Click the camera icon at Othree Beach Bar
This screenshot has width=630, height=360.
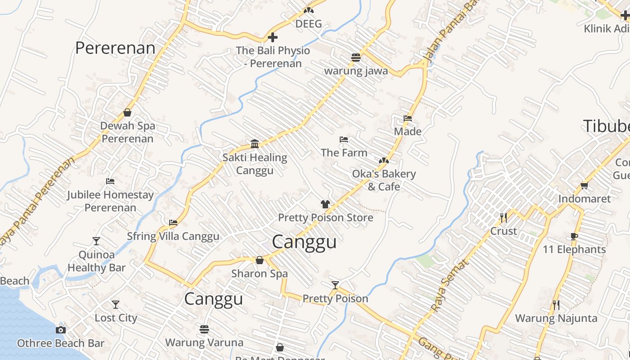point(61,330)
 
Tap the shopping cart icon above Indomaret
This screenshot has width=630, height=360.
point(584,185)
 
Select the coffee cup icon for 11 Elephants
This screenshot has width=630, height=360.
point(574,236)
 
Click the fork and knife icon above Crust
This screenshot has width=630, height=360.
point(504,218)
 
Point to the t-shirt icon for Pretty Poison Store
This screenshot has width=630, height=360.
point(325,204)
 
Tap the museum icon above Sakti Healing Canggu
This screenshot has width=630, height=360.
point(255,144)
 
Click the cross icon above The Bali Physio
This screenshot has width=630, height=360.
point(273,37)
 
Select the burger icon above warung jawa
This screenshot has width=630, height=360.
point(356,58)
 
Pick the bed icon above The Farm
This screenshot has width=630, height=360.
point(344,139)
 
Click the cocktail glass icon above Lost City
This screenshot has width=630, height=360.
point(116,305)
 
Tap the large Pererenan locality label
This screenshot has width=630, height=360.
point(115,48)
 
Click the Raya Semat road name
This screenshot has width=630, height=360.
point(450,285)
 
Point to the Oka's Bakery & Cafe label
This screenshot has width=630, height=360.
point(384,180)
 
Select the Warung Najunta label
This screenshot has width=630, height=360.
point(556,318)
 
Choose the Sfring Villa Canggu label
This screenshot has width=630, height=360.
point(173,236)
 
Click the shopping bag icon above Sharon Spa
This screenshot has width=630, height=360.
point(260,260)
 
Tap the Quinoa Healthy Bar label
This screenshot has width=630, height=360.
point(96,261)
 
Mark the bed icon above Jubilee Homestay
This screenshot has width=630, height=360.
point(110,181)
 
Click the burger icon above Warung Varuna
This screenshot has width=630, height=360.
point(204,329)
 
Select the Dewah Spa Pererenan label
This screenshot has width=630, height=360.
point(127,132)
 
